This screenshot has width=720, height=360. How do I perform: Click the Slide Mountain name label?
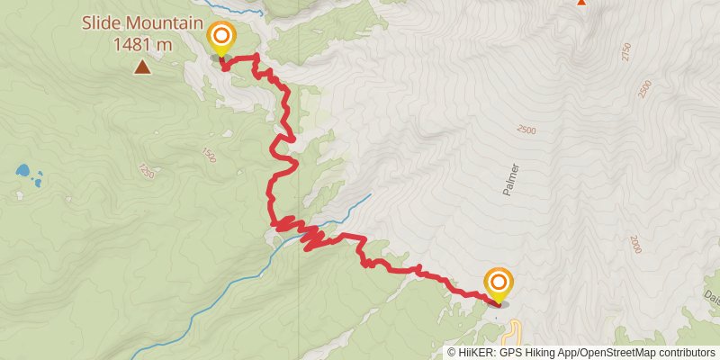click(141, 22)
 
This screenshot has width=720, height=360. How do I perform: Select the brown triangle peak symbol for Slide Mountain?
click(141, 67)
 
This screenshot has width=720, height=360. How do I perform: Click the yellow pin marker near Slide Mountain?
click(220, 38)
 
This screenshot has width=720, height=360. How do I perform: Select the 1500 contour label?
click(210, 155)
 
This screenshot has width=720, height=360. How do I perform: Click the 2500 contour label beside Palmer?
click(526, 130)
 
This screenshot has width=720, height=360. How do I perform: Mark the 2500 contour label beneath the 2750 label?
click(643, 89)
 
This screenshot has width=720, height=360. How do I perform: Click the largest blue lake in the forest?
click(24, 169)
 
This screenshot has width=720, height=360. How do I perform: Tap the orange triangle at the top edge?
click(580, 2)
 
